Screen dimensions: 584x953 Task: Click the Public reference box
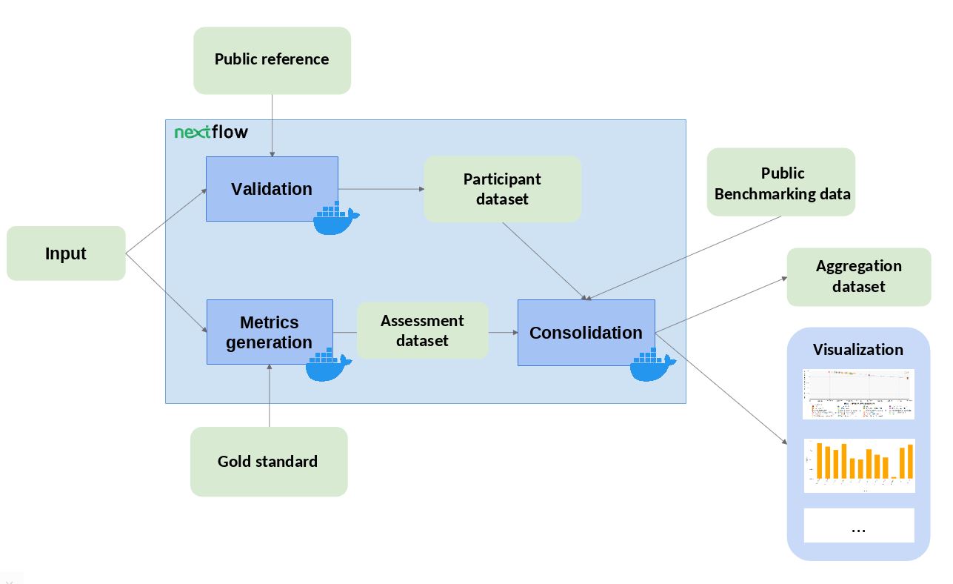click(272, 60)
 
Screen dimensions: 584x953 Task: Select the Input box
click(66, 253)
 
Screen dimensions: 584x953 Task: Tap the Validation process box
click(272, 189)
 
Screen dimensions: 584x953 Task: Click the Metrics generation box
click(270, 332)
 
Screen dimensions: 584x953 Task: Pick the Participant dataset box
click(502, 189)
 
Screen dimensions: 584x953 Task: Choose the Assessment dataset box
click(422, 331)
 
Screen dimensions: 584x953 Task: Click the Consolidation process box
click(586, 333)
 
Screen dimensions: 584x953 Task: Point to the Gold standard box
click(268, 461)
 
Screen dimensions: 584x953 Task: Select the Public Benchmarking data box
click(781, 183)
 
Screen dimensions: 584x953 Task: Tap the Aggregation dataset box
click(858, 276)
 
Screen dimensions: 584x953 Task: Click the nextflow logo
click(211, 133)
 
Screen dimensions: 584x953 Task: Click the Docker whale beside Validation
click(335, 219)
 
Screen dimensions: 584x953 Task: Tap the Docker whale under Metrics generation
click(328, 365)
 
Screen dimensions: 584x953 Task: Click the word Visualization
click(857, 350)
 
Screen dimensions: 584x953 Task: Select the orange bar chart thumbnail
click(859, 465)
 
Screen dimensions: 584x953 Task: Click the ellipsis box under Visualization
click(859, 525)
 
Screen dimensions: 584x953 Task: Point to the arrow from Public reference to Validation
click(272, 125)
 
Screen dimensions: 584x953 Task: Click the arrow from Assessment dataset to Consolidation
click(503, 333)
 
